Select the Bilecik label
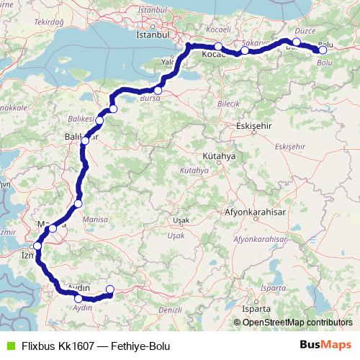228,104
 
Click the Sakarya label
256,42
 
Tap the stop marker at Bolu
323,50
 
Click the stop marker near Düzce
297,42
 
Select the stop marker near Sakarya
245,50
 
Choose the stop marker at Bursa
158,90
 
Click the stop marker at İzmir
37,246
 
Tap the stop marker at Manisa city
53,228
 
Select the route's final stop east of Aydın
109,289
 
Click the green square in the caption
9,344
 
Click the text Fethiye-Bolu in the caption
141,345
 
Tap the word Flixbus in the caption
38,345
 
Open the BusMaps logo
325,344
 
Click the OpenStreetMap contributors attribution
293,323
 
